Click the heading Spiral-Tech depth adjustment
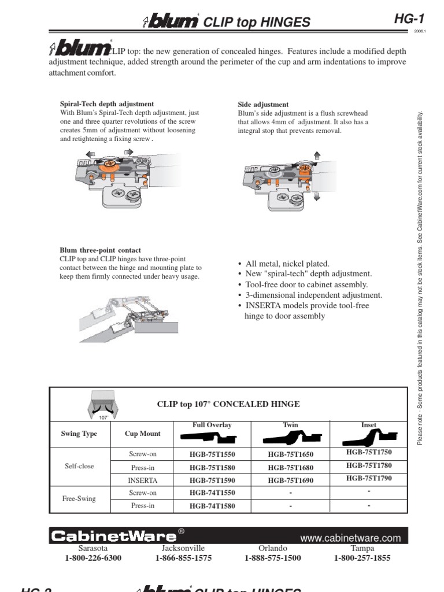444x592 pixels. click(x=107, y=104)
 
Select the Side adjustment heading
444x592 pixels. click(x=264, y=104)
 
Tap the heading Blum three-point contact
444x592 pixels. click(x=101, y=250)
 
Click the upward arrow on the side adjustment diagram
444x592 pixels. click(x=316, y=154)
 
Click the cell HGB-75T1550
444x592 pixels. click(x=212, y=454)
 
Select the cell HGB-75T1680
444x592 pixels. click(x=291, y=467)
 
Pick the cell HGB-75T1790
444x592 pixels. click(x=369, y=478)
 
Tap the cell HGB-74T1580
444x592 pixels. click(x=212, y=506)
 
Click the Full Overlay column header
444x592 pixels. click(x=212, y=425)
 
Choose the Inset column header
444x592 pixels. click(x=369, y=425)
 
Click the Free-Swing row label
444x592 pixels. click(x=79, y=498)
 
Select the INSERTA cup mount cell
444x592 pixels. click(x=142, y=480)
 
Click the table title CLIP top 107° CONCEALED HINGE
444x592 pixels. click(x=228, y=404)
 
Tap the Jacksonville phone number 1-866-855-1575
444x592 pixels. click(x=183, y=558)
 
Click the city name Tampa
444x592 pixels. click(x=362, y=548)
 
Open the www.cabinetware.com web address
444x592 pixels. click(x=350, y=538)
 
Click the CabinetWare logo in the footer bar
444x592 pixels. click(x=113, y=536)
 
